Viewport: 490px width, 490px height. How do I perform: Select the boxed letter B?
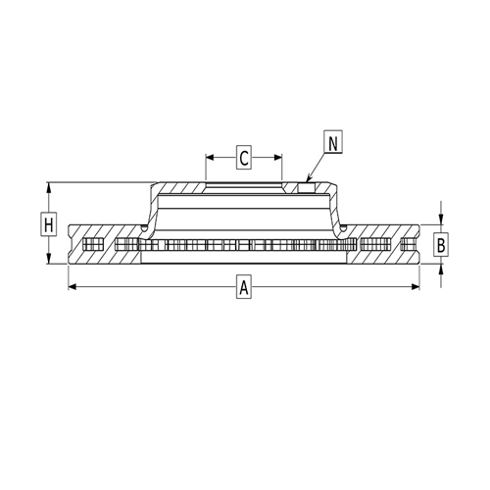442,244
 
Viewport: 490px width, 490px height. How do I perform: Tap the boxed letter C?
244,156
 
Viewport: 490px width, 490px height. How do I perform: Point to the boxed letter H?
48,224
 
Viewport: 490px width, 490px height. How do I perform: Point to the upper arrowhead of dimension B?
442,220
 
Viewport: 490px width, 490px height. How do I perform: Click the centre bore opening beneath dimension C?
244,186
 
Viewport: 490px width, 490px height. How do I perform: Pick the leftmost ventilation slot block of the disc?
93,244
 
